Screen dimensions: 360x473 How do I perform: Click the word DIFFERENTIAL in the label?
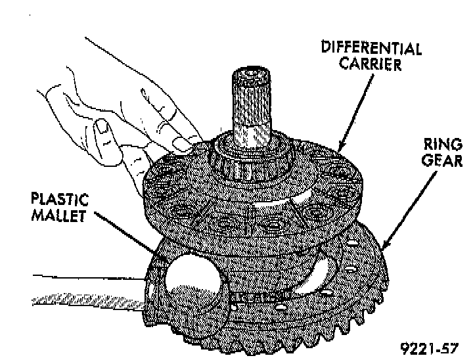pos(371,49)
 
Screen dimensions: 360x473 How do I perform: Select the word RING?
pos(438,144)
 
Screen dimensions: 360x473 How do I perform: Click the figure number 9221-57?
pos(430,347)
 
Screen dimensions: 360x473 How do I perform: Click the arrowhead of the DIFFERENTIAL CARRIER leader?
pos(339,150)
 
